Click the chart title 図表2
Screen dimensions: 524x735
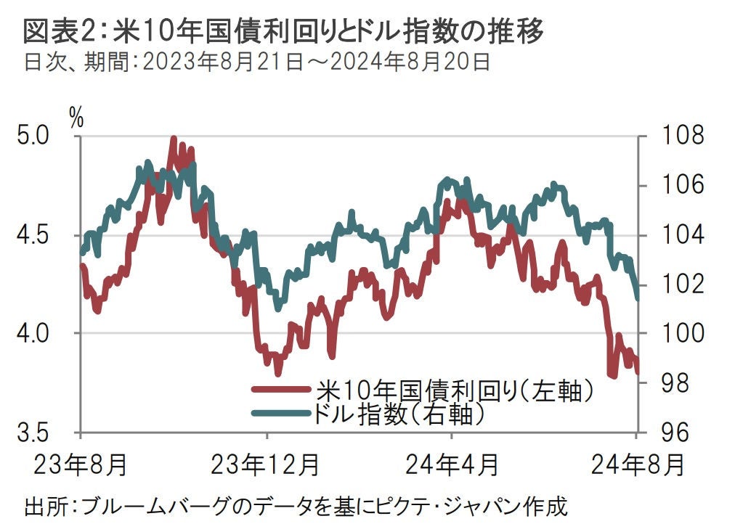(x=283, y=30)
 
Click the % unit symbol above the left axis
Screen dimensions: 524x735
(x=76, y=116)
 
